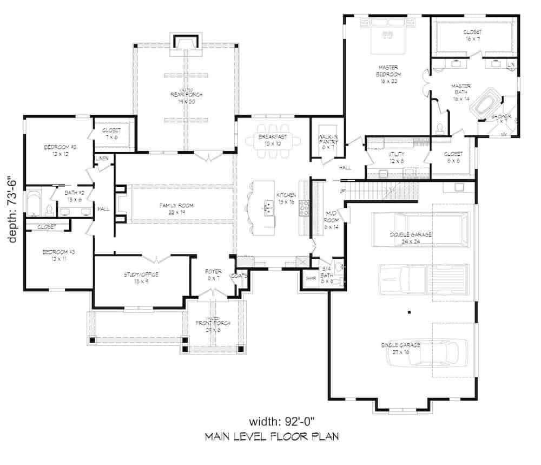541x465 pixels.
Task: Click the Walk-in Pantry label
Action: pos(328,141)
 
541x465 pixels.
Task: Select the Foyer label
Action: pos(212,274)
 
